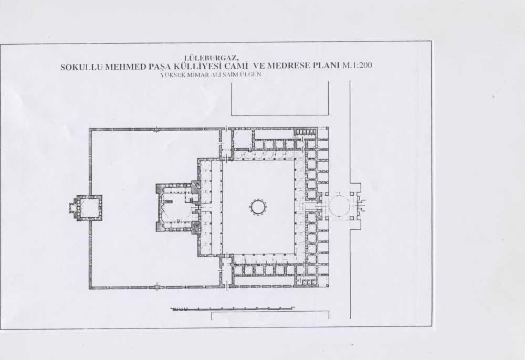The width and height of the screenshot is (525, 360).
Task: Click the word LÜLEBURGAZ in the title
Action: (211, 58)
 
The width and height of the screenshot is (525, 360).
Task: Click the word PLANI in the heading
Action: (326, 65)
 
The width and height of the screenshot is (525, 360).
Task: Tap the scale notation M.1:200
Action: (357, 65)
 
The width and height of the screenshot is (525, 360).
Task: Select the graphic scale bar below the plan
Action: (233, 309)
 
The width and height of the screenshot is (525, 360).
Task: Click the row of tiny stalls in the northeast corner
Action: (304, 132)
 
